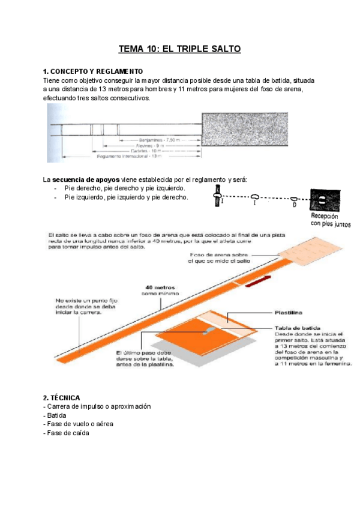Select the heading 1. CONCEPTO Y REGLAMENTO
pos(93,71)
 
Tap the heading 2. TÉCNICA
pos(62,398)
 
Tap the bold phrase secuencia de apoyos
pos(86,179)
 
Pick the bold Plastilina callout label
pos(288,313)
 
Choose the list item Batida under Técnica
pos(55,415)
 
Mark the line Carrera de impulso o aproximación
pos(97,406)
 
